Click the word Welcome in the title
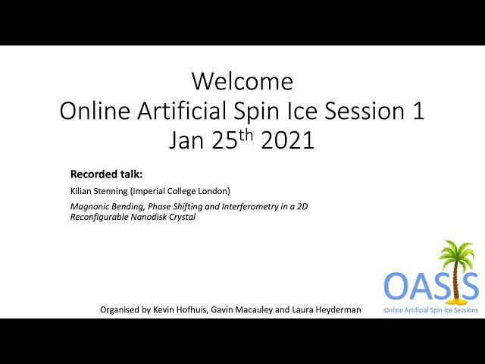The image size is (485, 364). (x=242, y=81)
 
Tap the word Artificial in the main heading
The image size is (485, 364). (x=182, y=111)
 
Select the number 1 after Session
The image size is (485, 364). (x=418, y=111)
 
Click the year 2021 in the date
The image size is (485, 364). (x=288, y=140)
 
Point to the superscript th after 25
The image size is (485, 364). (x=246, y=135)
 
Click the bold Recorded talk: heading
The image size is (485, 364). (x=106, y=174)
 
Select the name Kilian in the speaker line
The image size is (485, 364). (x=80, y=191)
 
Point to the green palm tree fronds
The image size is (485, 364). (x=456, y=253)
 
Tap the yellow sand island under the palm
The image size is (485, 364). (x=455, y=300)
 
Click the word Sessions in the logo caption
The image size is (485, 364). (x=466, y=310)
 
